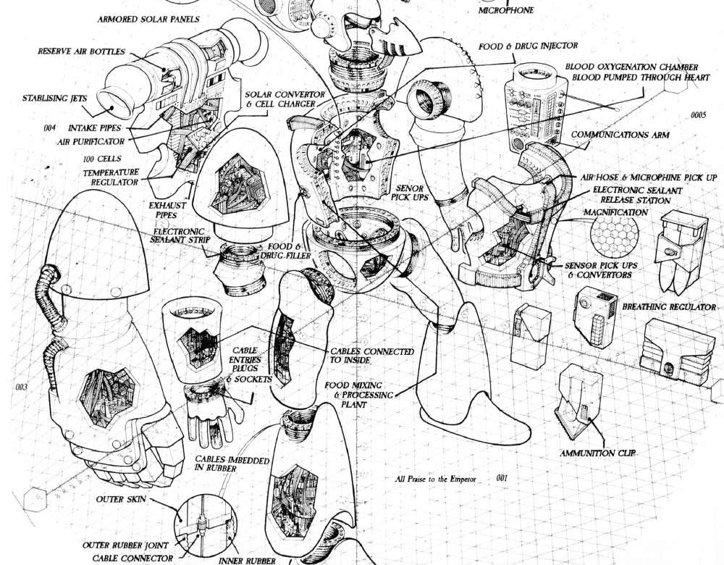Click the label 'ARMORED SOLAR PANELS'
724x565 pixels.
click(x=148, y=20)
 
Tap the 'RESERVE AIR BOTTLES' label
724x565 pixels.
click(x=81, y=51)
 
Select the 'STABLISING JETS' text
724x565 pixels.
click(x=54, y=98)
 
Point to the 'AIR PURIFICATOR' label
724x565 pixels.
click(x=90, y=141)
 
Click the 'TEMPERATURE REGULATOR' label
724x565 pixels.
click(x=111, y=177)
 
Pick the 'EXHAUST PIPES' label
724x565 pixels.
click(x=167, y=210)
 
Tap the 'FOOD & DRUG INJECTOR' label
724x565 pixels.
click(x=528, y=46)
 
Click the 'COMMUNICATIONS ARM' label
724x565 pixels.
click(x=620, y=135)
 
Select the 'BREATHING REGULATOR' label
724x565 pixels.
click(x=669, y=306)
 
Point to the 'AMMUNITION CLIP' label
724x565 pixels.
click(x=597, y=453)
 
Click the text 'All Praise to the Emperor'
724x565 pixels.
click(x=435, y=479)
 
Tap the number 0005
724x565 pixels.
click(x=698, y=115)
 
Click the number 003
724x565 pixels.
click(x=22, y=387)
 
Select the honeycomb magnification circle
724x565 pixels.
click(x=615, y=236)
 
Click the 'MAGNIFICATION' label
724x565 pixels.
click(x=615, y=212)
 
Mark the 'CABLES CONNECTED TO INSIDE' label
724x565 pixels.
click(x=371, y=356)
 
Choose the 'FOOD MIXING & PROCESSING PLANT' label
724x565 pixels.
click(x=359, y=395)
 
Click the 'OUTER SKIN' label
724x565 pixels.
click(x=121, y=499)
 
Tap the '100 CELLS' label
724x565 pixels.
click(x=102, y=159)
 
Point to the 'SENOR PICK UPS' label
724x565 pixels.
click(x=410, y=193)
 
